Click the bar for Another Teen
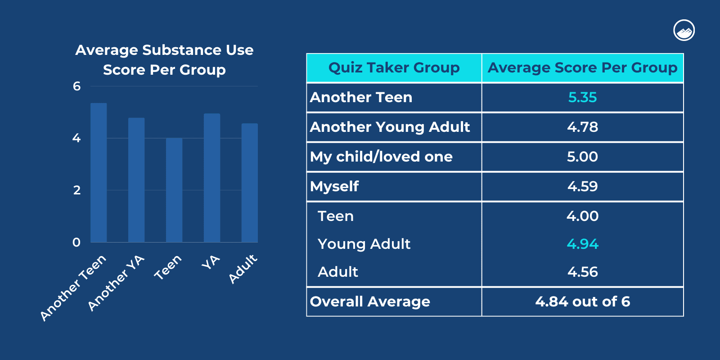99,173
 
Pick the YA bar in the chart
212,178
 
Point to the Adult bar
250,183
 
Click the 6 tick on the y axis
77,86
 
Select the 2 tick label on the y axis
77,190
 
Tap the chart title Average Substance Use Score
164,59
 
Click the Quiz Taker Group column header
394,68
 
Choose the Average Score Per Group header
582,68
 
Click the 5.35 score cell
582,97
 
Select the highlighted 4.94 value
582,244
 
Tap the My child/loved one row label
381,157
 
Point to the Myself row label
334,186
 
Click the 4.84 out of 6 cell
582,301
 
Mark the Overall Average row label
370,301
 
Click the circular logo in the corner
684,31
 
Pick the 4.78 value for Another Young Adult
582,127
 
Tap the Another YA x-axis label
116,283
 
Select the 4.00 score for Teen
582,216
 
